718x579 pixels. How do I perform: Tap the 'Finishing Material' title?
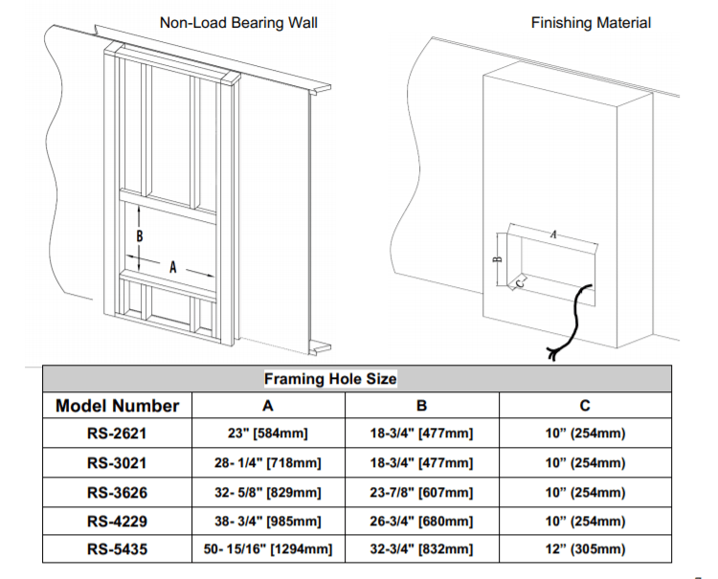click(x=591, y=21)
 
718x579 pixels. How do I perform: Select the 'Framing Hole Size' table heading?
click(x=329, y=379)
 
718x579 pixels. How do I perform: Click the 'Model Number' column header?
click(x=117, y=406)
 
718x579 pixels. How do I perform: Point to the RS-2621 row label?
click(x=117, y=434)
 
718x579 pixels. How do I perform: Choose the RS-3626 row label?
click(x=117, y=493)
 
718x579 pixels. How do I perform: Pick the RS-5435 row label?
click(x=117, y=549)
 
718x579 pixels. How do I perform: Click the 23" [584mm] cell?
click(x=268, y=434)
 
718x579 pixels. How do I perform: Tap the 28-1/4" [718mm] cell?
click(x=268, y=463)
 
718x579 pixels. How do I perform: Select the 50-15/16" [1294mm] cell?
click(x=268, y=549)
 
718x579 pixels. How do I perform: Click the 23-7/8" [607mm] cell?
click(x=421, y=493)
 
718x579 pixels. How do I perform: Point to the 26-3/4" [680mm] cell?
click(x=421, y=522)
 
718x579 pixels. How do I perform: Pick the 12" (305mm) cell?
click(x=585, y=549)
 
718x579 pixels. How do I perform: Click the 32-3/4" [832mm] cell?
click(x=421, y=549)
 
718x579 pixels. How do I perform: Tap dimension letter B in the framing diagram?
click(x=140, y=235)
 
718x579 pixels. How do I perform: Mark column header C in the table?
click(x=585, y=406)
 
